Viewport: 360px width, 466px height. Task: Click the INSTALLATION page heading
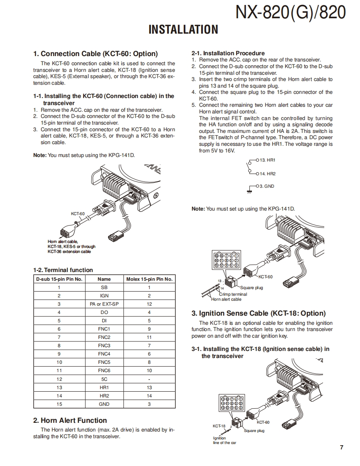tap(183, 29)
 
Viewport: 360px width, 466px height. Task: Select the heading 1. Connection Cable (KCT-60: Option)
tap(95, 54)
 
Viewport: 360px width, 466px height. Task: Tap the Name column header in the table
tap(104, 279)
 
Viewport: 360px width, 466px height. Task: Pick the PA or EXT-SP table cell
tap(104, 304)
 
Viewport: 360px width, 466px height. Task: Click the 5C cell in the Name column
tap(104, 379)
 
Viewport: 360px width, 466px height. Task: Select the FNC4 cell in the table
tap(104, 354)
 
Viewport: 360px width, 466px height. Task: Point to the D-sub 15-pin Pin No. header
tap(59, 279)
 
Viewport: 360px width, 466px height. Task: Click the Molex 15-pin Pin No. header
tap(149, 279)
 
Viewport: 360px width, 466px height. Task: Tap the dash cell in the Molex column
tap(149, 379)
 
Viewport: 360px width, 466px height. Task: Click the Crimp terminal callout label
tap(233, 294)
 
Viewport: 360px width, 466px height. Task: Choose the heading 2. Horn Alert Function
tap(70, 420)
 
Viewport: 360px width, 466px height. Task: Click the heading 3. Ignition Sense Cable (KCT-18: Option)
tap(258, 313)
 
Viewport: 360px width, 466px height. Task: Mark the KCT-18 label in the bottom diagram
tap(219, 426)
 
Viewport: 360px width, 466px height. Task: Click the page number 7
tap(341, 447)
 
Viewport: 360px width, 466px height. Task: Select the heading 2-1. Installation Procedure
tap(228, 53)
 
